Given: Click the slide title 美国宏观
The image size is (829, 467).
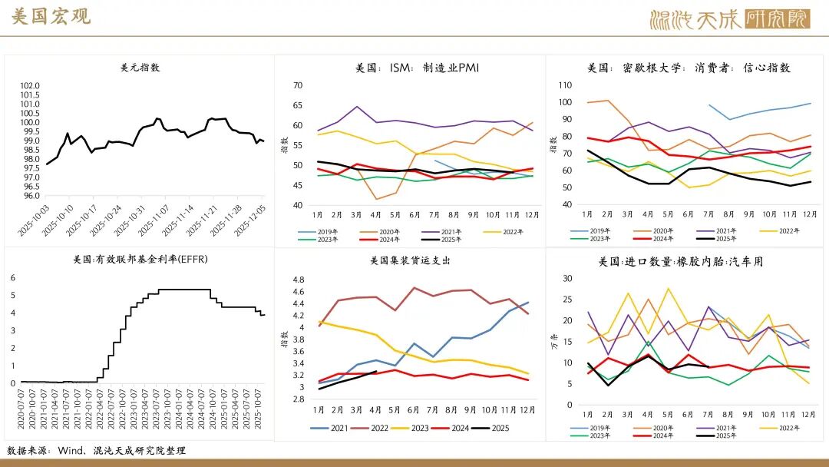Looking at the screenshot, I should click(51, 18).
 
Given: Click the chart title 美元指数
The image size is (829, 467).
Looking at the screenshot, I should click(140, 68).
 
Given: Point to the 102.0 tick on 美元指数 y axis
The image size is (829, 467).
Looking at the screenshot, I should click(30, 85).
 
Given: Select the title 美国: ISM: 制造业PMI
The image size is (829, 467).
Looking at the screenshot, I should click(417, 68).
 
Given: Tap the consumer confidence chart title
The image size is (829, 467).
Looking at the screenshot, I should click(689, 68).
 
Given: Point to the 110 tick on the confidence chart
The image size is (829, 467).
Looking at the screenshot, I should click(565, 84).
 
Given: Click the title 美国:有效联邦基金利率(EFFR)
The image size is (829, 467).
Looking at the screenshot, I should click(140, 260).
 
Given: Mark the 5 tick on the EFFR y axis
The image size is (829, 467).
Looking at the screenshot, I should click(12, 295).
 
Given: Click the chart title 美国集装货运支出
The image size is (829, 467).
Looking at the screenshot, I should click(410, 260).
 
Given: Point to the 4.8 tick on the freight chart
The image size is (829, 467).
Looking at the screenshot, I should click(298, 279).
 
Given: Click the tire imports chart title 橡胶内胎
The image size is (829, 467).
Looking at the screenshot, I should click(681, 261).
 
